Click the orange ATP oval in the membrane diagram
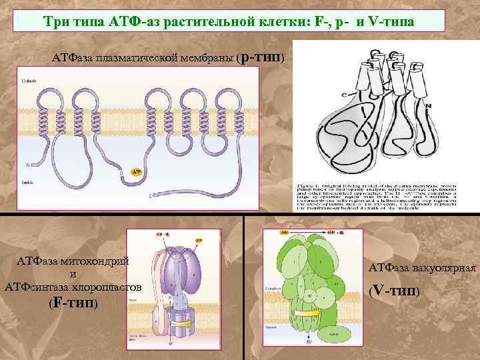point(136,172)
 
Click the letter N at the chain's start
point(28,164)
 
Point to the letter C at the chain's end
point(121,173)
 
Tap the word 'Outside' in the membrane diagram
point(29,80)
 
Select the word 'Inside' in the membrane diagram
point(28,181)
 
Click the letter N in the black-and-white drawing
point(427,106)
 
